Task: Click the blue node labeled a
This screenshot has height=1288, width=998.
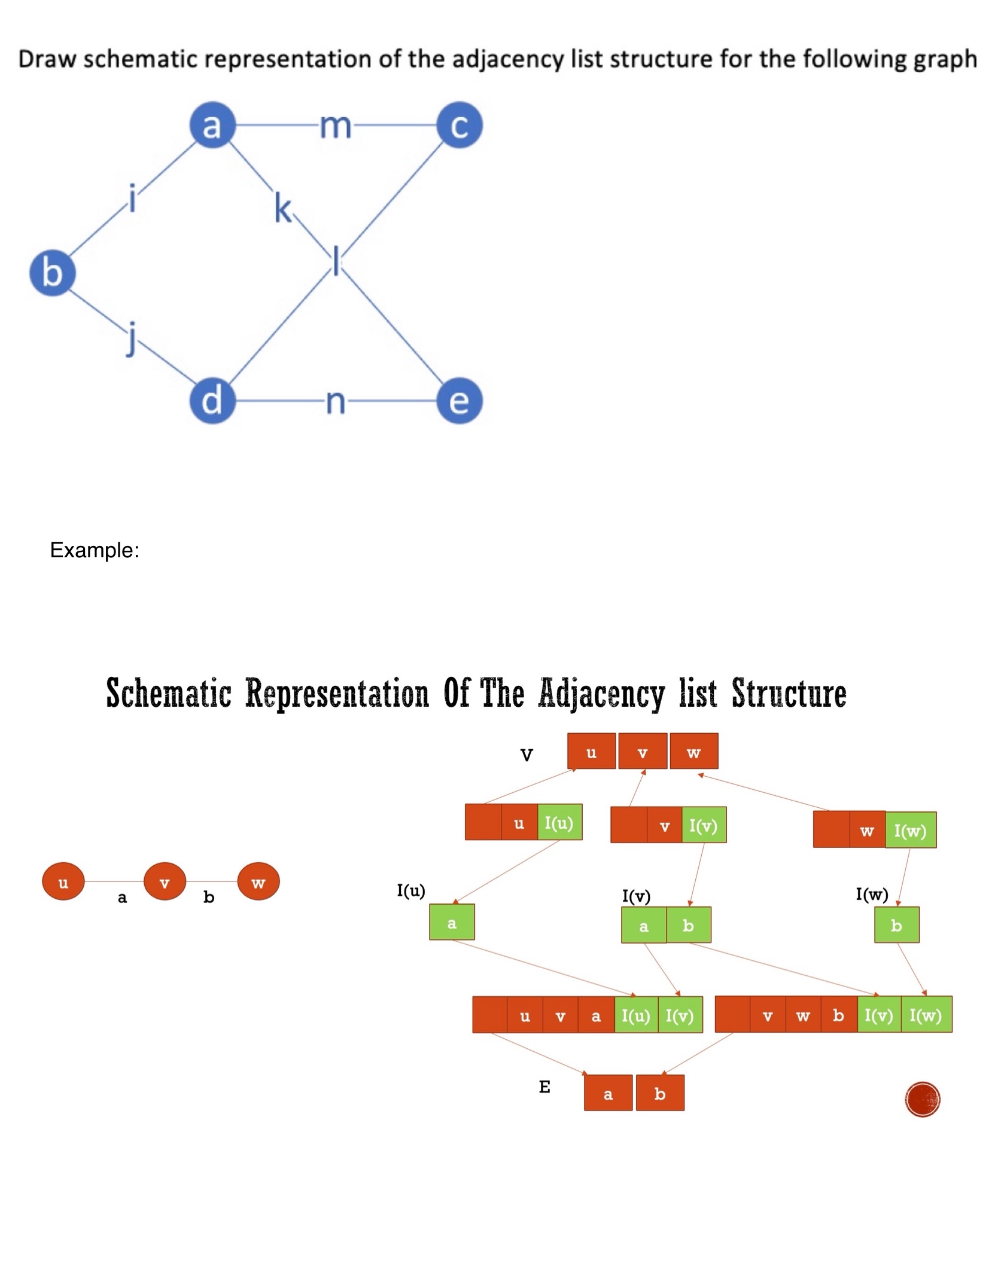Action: click(x=212, y=125)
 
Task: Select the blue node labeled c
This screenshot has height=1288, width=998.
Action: click(x=459, y=125)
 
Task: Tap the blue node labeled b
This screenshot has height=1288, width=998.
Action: click(x=52, y=273)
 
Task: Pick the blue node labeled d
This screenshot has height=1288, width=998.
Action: click(x=212, y=400)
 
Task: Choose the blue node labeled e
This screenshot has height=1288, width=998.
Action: click(x=459, y=400)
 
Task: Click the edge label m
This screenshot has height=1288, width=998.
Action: click(x=335, y=126)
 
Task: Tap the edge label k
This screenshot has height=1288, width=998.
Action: click(x=283, y=208)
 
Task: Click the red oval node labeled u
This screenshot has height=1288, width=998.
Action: click(x=63, y=881)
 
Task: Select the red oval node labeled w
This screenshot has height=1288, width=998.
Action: click(x=258, y=881)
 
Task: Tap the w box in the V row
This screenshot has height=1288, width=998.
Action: click(x=693, y=751)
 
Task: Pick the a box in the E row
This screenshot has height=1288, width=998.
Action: click(x=608, y=1093)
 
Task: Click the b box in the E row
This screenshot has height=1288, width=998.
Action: click(x=659, y=1093)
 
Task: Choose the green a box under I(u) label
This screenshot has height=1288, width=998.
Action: click(x=452, y=922)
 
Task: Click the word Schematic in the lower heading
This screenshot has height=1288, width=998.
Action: click(x=169, y=694)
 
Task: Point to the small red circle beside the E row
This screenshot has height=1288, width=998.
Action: click(x=922, y=1099)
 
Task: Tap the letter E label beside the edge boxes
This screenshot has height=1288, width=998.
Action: click(x=544, y=1086)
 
